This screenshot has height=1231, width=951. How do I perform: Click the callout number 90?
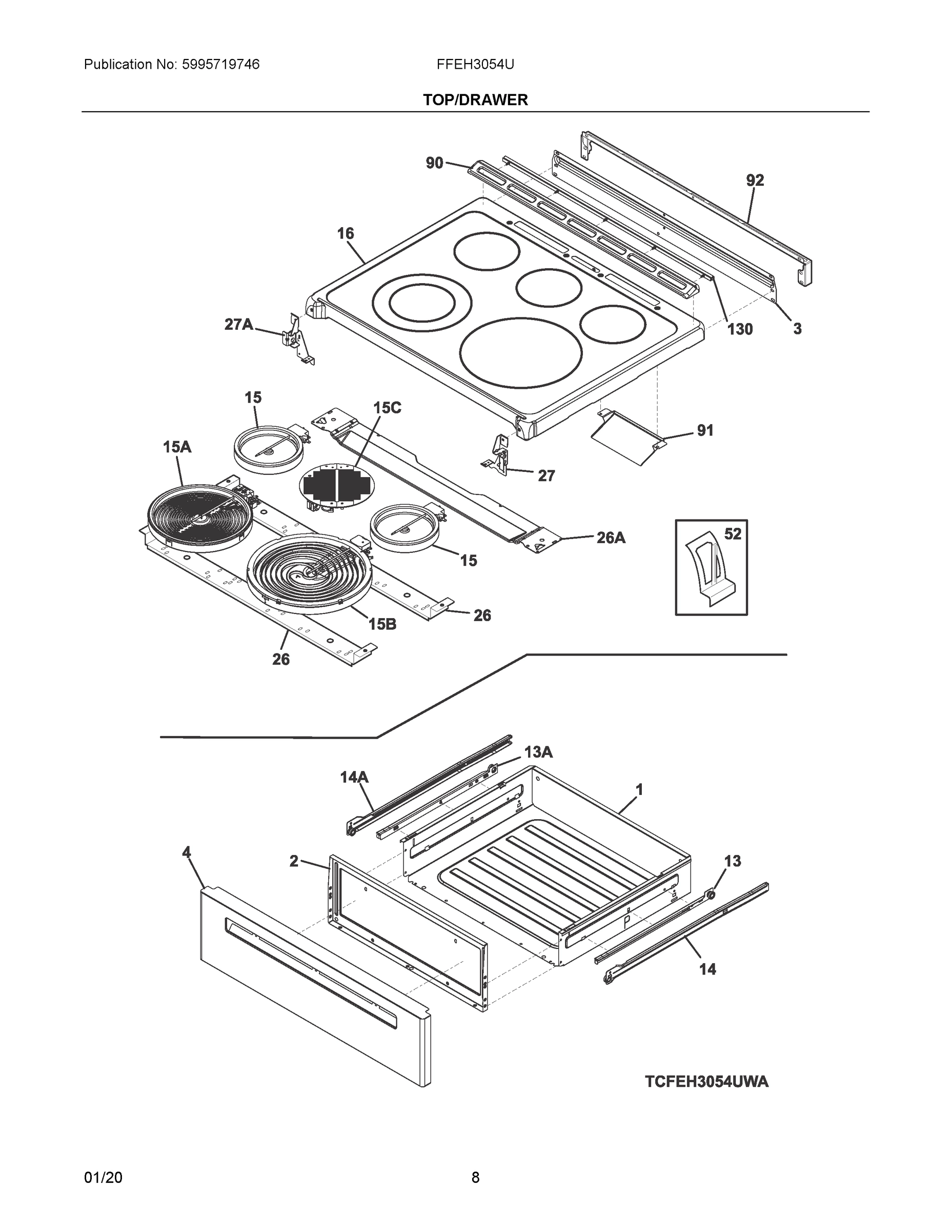click(434, 164)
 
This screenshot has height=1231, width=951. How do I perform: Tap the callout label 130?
click(740, 329)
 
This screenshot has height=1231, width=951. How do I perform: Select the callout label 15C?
click(387, 408)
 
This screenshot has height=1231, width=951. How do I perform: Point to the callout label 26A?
click(611, 538)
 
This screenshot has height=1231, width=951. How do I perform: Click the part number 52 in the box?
click(733, 534)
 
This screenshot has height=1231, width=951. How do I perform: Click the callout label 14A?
click(354, 777)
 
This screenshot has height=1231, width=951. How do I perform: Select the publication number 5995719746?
click(220, 65)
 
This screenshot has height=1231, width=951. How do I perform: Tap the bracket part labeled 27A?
click(295, 339)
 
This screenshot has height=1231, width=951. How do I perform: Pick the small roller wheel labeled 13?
click(711, 895)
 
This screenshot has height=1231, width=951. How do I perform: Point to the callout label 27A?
click(239, 325)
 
